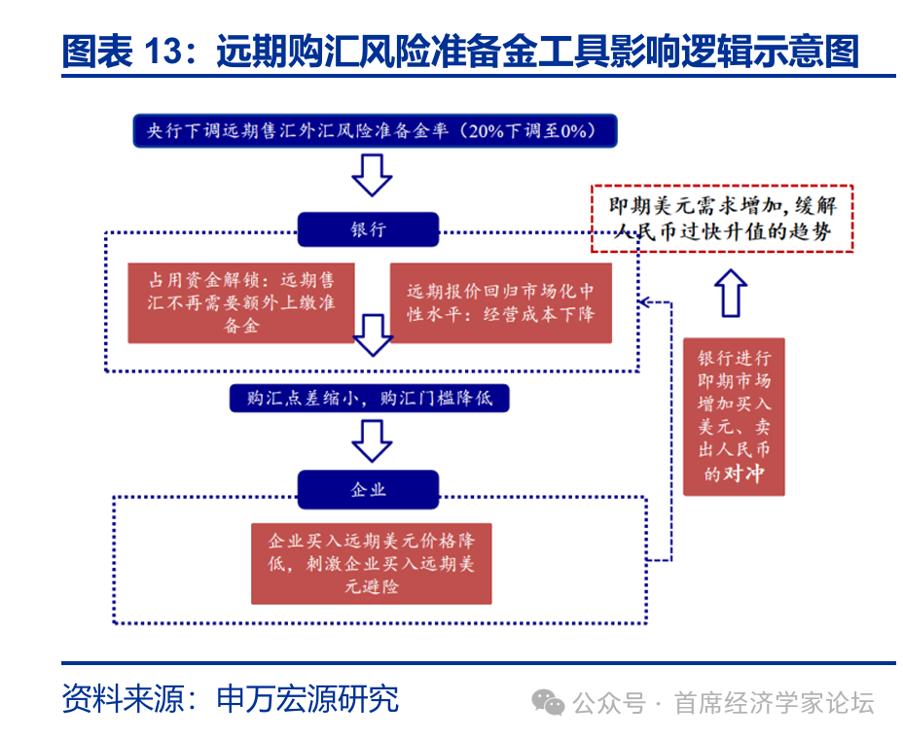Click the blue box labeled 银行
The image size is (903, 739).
(x=368, y=229)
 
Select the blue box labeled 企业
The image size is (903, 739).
(x=368, y=489)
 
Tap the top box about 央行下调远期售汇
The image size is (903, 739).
(x=375, y=130)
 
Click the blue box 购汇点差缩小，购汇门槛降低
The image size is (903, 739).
(x=369, y=398)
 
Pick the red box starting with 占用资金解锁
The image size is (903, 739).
(x=240, y=302)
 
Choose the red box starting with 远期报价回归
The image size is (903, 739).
(x=500, y=302)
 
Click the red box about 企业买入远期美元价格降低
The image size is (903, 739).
(x=371, y=563)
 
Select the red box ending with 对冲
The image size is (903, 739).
(x=733, y=417)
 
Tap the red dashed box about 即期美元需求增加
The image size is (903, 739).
(x=722, y=219)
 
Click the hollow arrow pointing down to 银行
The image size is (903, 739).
(x=372, y=176)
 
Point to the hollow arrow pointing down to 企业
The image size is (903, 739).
(x=371, y=440)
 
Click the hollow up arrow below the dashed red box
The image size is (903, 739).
(x=732, y=293)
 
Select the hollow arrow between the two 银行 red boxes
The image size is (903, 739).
(x=372, y=334)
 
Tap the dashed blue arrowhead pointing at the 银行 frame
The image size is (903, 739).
(x=645, y=301)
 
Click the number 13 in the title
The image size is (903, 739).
(x=164, y=50)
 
